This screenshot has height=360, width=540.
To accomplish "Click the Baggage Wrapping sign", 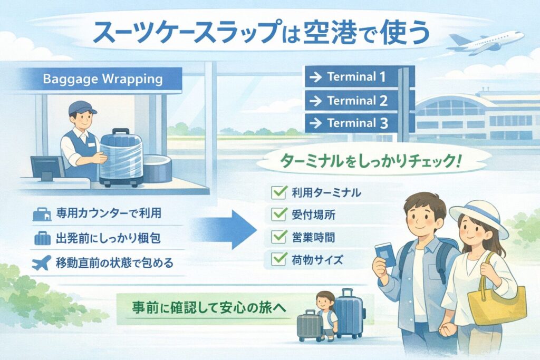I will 103,81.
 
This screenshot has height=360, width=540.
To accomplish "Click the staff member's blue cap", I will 82,107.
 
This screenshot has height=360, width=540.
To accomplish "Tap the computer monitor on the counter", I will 46,167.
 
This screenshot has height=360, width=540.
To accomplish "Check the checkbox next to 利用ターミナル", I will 278,193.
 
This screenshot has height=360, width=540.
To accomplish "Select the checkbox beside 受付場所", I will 278,215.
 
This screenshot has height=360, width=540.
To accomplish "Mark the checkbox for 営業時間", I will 278,237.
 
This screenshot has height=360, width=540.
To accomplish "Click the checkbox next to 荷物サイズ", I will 278,259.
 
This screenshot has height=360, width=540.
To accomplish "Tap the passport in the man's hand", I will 385,256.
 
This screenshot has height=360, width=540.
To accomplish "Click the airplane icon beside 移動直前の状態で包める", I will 41,262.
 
